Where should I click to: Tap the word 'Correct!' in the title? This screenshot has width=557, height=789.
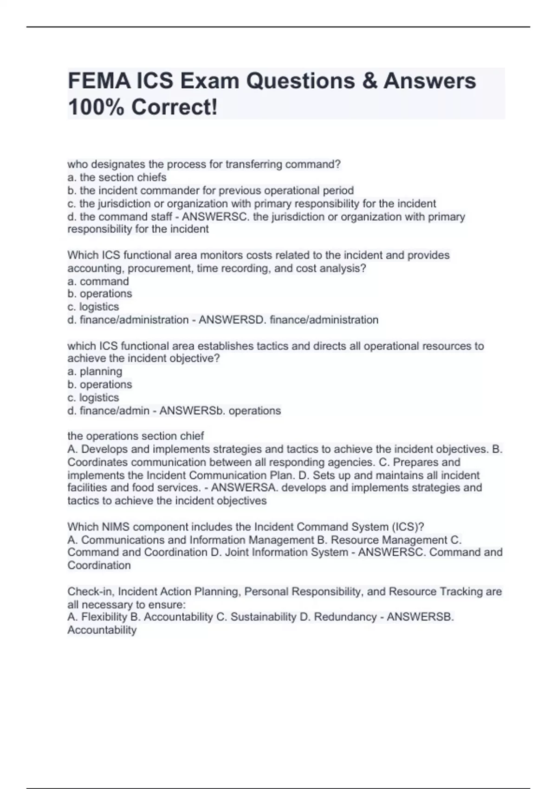[x=174, y=107]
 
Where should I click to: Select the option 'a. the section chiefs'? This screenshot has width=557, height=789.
[x=117, y=177]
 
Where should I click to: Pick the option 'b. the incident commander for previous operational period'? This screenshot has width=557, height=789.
[x=211, y=190]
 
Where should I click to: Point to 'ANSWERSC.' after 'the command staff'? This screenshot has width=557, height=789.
[x=216, y=217]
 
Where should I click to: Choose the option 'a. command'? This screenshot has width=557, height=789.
[x=98, y=281]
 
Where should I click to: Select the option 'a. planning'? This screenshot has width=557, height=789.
[x=95, y=371]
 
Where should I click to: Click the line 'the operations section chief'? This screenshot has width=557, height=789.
[x=136, y=436]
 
